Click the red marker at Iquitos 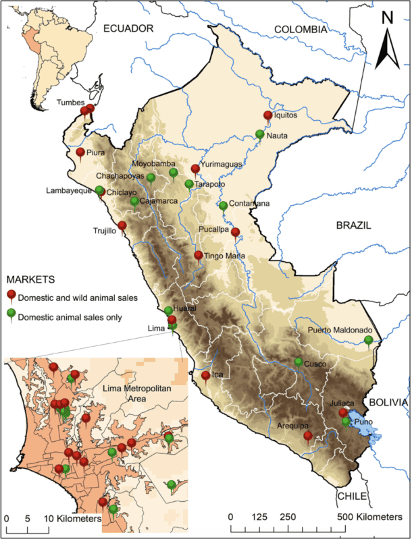pyautogui.click(x=267, y=116)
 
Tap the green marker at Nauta pyautogui.click(x=260, y=135)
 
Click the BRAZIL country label pyautogui.click(x=354, y=227)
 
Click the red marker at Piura pyautogui.click(x=80, y=153)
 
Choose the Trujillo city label pyautogui.click(x=105, y=231)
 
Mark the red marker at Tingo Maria pyautogui.click(x=199, y=256)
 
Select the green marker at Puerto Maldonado pyautogui.click(x=368, y=340)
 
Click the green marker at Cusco pyautogui.click(x=299, y=363)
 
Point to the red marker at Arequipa pyautogui.click(x=308, y=436)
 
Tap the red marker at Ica pyautogui.click(x=205, y=376)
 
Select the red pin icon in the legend pyautogui.click(x=11, y=295)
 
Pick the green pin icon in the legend pyautogui.click(x=11, y=314)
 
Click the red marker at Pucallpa pyautogui.click(x=235, y=233)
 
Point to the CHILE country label pyautogui.click(x=351, y=496)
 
